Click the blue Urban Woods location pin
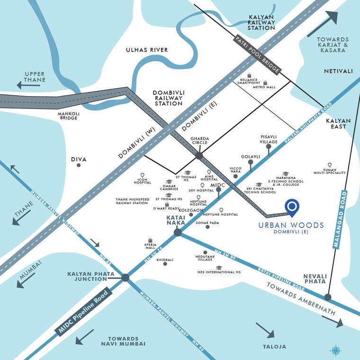tap(292, 207)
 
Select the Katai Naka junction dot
tap(178, 232)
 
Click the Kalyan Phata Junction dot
tap(126, 278)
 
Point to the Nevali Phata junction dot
tap(328, 297)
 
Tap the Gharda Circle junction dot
tap(199, 155)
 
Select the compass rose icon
tap(335, 351)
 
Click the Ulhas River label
tap(146, 50)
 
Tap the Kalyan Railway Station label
tap(262, 22)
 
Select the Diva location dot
tap(79, 165)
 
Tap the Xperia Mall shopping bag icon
tap(150, 240)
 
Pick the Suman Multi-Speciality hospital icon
tap(330, 165)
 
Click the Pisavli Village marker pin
tap(269, 147)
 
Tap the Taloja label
tap(275, 346)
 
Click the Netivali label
tap(338, 71)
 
